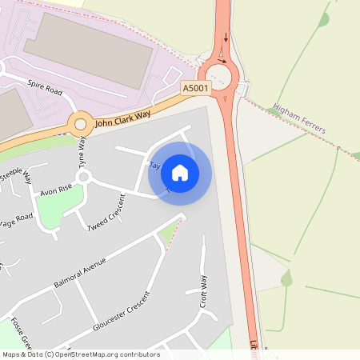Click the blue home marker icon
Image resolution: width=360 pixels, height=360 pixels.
pos(180,172)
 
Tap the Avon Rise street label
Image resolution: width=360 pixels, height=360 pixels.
pos(56,190)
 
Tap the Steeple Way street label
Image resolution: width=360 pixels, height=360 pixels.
pos(17,174)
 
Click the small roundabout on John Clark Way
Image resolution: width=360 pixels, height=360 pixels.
pos(80,124)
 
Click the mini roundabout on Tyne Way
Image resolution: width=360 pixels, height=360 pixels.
pos(84,177)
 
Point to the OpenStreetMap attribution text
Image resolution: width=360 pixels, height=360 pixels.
pos(80,354)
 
